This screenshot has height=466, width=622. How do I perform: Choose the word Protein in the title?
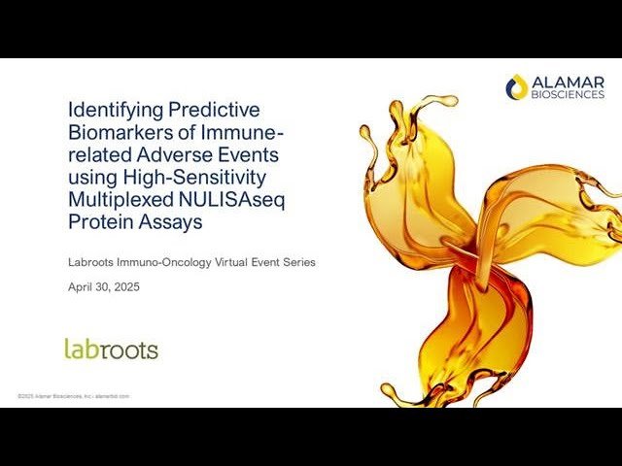click(x=96, y=222)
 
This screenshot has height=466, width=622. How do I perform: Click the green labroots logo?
click(x=111, y=349)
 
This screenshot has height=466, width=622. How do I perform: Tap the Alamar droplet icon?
click(x=517, y=87)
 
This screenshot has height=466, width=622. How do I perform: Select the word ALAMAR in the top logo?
click(x=569, y=81)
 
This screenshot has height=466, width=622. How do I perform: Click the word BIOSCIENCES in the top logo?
click(x=569, y=94)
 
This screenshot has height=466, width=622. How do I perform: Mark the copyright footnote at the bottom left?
click(x=74, y=396)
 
